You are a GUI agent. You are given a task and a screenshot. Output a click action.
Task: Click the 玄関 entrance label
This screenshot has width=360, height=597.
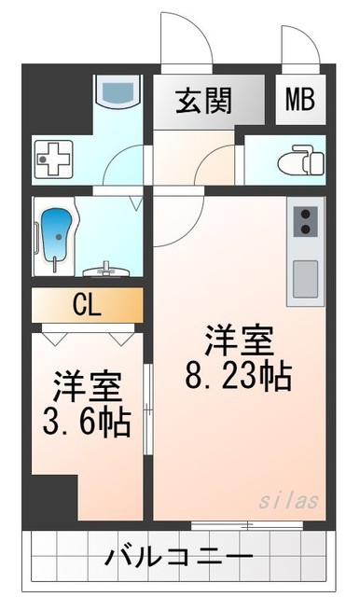205,100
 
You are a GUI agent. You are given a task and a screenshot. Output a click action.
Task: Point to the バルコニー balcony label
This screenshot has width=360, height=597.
178,560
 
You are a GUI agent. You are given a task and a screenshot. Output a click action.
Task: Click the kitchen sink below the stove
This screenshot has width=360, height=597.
305,277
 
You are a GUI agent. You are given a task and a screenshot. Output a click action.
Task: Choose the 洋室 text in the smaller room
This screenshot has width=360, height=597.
86,384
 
